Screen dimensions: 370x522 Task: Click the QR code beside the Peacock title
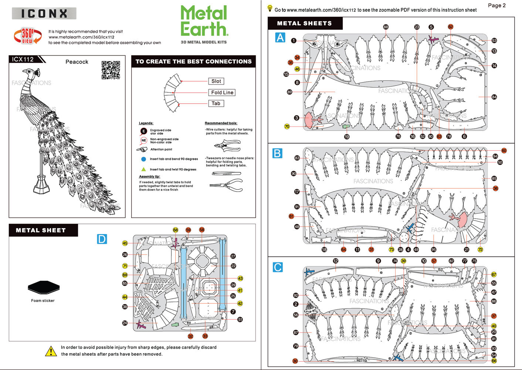click(x=111, y=70)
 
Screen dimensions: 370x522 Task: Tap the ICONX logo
click(x=44, y=14)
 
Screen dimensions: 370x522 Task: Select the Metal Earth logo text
click(x=204, y=21)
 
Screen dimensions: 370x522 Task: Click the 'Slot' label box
click(x=216, y=81)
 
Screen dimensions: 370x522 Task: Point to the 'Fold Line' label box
click(x=222, y=92)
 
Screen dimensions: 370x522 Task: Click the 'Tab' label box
click(x=216, y=104)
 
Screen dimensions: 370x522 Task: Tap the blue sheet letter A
click(x=280, y=37)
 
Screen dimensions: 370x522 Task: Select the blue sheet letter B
click(x=277, y=153)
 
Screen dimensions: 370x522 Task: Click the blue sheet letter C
click(x=278, y=267)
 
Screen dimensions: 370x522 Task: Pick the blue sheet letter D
click(x=102, y=239)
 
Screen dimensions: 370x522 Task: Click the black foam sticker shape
click(x=43, y=287)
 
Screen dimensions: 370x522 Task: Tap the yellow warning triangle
click(x=51, y=351)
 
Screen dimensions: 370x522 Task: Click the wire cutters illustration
click(x=227, y=145)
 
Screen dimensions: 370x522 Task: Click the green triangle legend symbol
click(x=143, y=169)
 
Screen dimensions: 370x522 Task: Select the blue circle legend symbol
click(x=143, y=159)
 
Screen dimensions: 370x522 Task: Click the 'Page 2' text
click(x=496, y=5)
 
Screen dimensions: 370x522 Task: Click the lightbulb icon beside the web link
click(x=270, y=8)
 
